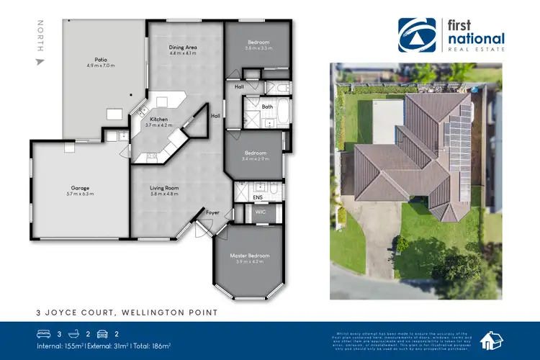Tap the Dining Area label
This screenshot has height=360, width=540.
click(183, 47)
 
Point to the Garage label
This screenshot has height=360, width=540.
click(80, 188)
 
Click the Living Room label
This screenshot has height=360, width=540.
click(166, 188)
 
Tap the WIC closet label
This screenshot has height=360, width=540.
click(261, 212)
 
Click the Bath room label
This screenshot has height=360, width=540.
click(267, 106)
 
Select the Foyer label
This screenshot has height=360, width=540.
click(212, 213)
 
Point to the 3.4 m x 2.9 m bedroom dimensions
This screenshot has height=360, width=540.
click(255, 160)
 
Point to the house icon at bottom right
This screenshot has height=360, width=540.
click(492, 338)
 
